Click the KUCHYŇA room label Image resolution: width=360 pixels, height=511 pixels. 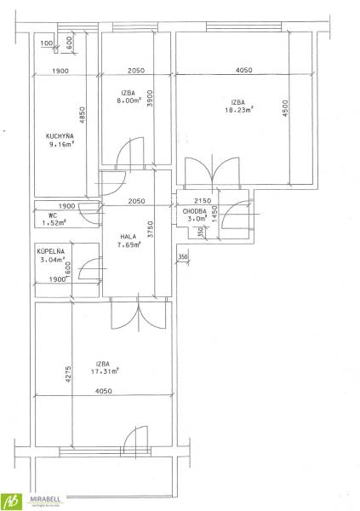tap(60, 135)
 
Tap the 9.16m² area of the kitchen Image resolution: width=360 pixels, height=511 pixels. tap(62, 145)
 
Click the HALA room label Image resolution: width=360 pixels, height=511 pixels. tap(128, 238)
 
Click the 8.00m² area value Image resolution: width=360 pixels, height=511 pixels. tap(127, 99)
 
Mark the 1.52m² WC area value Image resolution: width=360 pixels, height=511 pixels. tap(54, 223)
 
